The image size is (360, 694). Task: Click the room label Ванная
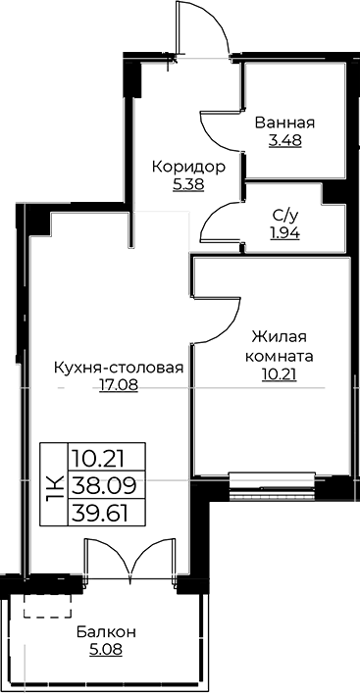tap(283, 123)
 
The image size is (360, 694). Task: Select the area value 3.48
tap(283, 139)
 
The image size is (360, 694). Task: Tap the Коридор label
tap(187, 167)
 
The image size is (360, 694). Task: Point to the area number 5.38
tap(187, 183)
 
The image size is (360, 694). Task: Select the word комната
tap(281, 356)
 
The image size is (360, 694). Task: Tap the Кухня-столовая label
tap(119, 368)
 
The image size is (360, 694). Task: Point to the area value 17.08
tap(119, 385)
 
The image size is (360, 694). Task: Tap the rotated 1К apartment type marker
tap(53, 483)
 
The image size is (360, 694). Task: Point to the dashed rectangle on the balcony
tap(41, 604)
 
